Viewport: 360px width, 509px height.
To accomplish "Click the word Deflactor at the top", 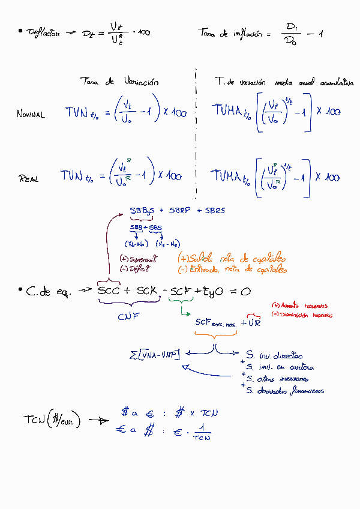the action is [x=43, y=33].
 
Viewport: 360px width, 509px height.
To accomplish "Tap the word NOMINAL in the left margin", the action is [x=31, y=115].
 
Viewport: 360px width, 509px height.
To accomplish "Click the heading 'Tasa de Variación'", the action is [x=119, y=82].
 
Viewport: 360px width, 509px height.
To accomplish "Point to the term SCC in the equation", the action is [x=109, y=292].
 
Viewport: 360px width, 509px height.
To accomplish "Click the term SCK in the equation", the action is [x=147, y=292].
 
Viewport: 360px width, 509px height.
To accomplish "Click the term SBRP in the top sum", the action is [x=179, y=211].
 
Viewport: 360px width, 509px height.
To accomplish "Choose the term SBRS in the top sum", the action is [x=215, y=211].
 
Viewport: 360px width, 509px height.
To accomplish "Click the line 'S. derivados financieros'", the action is [x=285, y=391].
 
